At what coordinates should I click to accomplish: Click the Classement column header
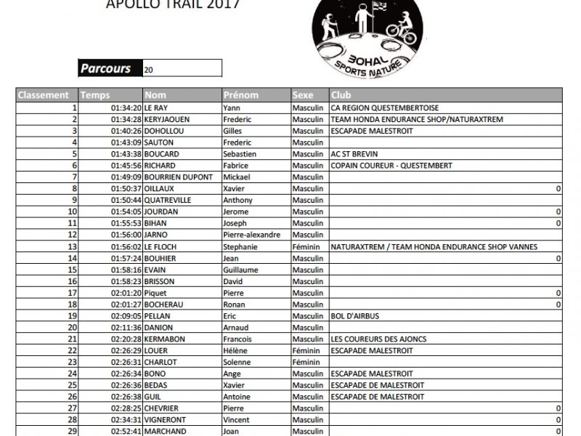click(x=44, y=95)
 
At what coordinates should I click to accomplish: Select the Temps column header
click(x=95, y=95)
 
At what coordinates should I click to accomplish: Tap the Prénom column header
click(x=241, y=95)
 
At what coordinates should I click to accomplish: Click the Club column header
click(x=341, y=95)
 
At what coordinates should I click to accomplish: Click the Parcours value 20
click(x=149, y=70)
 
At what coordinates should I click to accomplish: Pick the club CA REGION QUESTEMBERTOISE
click(x=384, y=108)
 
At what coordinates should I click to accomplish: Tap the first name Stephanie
click(x=240, y=247)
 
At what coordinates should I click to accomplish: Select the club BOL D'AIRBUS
click(x=355, y=316)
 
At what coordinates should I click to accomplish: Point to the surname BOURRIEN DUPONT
click(x=179, y=177)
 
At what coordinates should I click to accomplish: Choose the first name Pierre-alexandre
click(x=251, y=235)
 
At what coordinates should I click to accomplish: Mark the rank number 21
click(x=72, y=339)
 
